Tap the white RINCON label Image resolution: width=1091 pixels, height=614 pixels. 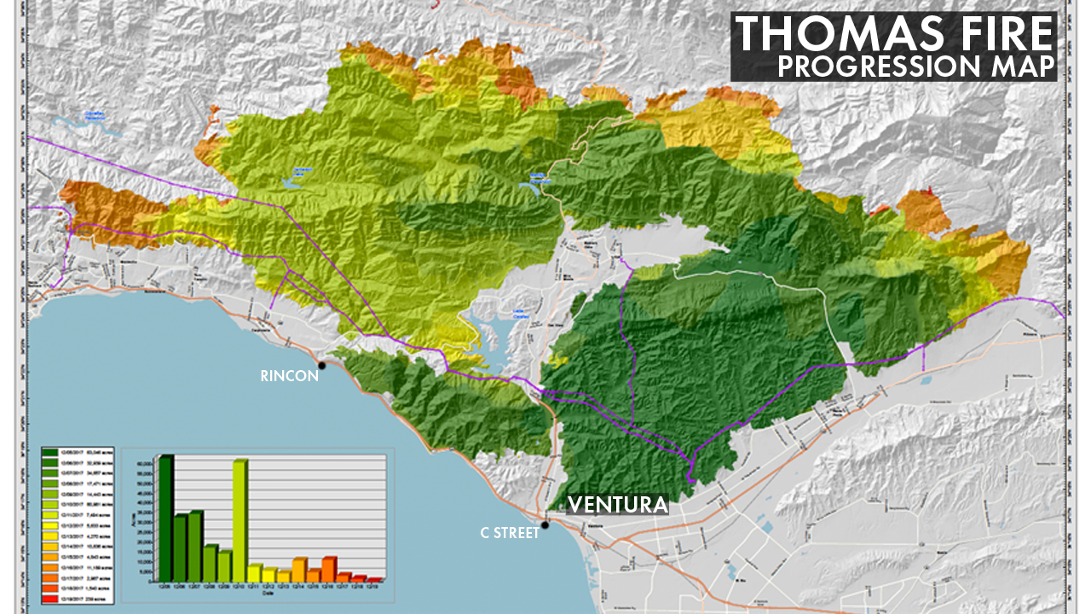(289, 376)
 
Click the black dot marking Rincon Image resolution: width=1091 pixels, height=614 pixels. (321, 366)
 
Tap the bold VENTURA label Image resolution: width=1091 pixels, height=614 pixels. (617, 505)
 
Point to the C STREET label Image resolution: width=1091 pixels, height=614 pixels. (509, 533)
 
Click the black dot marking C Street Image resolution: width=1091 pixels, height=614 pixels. (545, 524)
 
